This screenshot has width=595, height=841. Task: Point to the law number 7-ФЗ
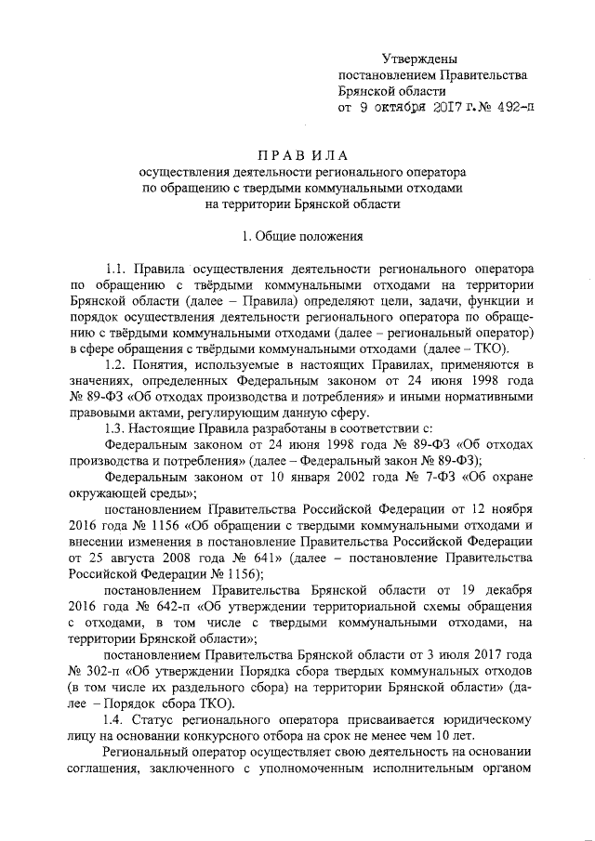pos(443,476)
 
